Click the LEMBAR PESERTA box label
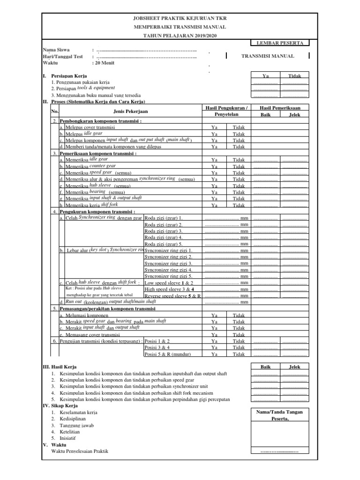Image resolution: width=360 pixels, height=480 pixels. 280,43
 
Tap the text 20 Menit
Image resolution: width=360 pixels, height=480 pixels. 105,63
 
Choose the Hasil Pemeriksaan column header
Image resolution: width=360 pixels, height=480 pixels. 280,108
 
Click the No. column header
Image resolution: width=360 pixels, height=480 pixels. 54,111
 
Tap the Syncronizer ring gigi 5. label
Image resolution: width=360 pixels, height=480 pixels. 168,277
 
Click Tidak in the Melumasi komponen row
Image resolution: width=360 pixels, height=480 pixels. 239,315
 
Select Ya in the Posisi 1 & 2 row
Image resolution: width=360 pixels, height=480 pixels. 215,341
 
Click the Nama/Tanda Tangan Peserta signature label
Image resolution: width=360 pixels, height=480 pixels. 280,415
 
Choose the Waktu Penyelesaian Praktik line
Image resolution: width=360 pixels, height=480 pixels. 80,450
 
